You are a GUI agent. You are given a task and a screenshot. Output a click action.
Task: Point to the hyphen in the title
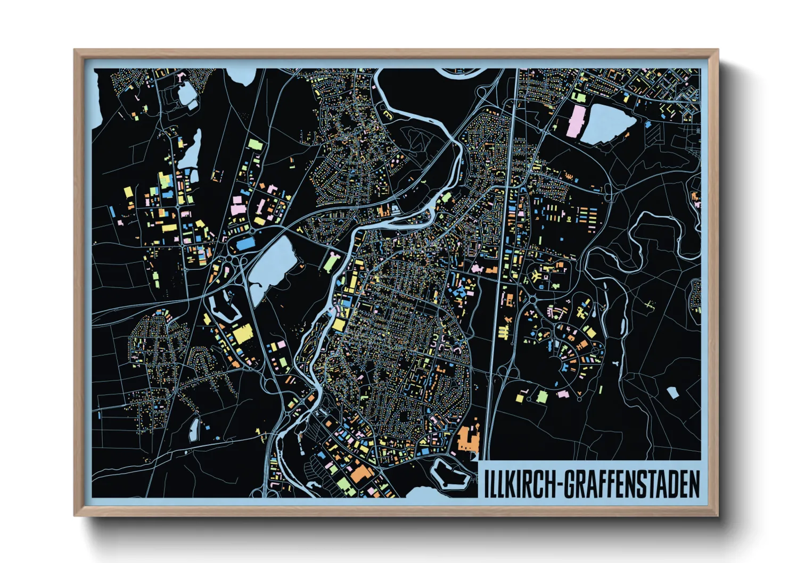(559, 484)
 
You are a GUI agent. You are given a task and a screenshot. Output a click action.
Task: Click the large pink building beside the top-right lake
(576, 121)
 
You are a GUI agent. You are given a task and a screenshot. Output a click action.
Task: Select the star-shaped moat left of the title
(450, 474)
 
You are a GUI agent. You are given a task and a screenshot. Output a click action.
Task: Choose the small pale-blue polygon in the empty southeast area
(672, 393)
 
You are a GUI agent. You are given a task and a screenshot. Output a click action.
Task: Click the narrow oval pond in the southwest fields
(194, 430)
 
